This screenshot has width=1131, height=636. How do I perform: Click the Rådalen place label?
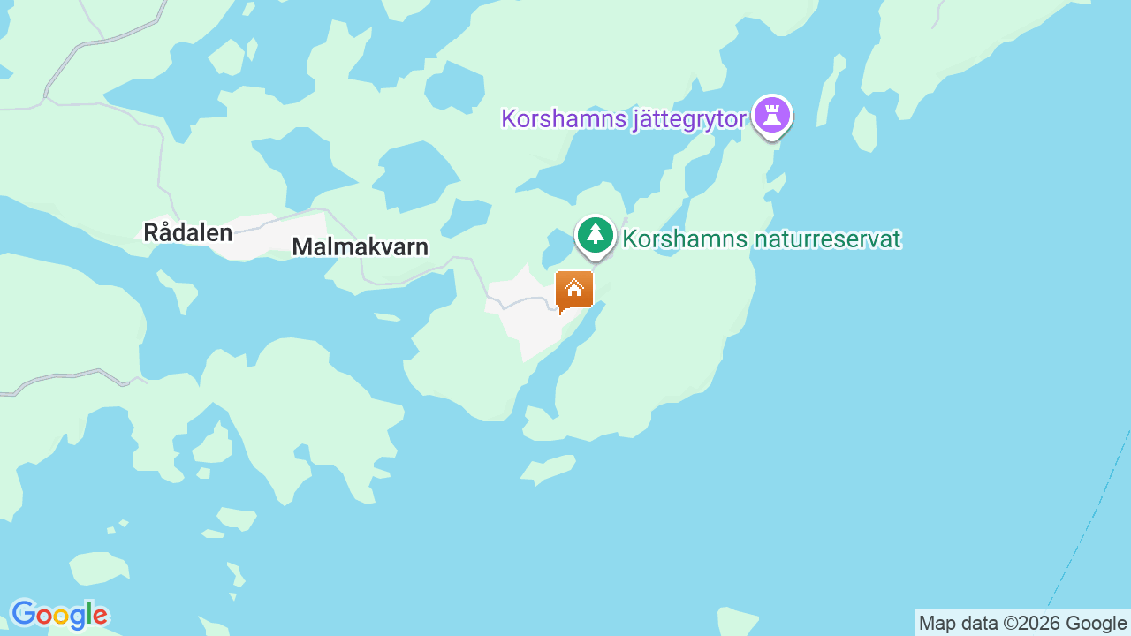coord(187,232)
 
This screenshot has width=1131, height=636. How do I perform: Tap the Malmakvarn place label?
coord(360,246)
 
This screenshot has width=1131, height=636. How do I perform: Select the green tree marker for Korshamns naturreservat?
coord(596,235)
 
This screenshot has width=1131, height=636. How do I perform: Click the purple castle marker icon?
coord(772,115)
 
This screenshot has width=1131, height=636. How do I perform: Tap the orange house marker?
coord(574,289)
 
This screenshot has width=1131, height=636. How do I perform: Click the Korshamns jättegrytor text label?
coord(624,118)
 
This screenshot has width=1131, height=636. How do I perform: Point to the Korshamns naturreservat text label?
coord(762,238)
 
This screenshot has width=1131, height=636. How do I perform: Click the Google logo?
coord(59,615)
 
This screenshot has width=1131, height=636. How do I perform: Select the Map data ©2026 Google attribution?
coord(1022,623)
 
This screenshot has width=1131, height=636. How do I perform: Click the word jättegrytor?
coord(689,118)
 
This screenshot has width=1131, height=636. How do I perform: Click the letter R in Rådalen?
coord(151,233)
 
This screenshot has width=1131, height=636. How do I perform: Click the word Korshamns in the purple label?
coord(564,118)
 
